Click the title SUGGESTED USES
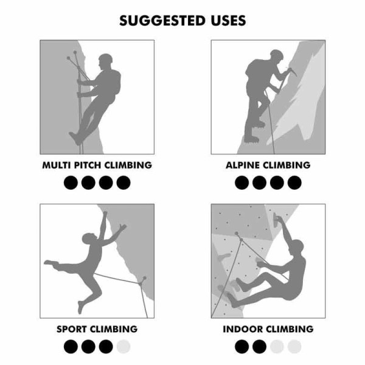click(182, 20)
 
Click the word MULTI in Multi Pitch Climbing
click(57, 165)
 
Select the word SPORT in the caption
click(72, 329)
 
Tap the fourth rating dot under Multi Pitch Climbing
click(123, 182)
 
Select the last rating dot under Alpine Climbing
click(294, 182)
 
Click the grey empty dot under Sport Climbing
click(123, 346)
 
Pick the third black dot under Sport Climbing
click(106, 346)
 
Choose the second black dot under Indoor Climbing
click(259, 346)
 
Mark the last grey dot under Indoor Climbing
click(294, 346)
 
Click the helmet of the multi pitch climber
click(106, 60)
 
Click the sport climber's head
click(90, 238)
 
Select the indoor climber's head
click(296, 246)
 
